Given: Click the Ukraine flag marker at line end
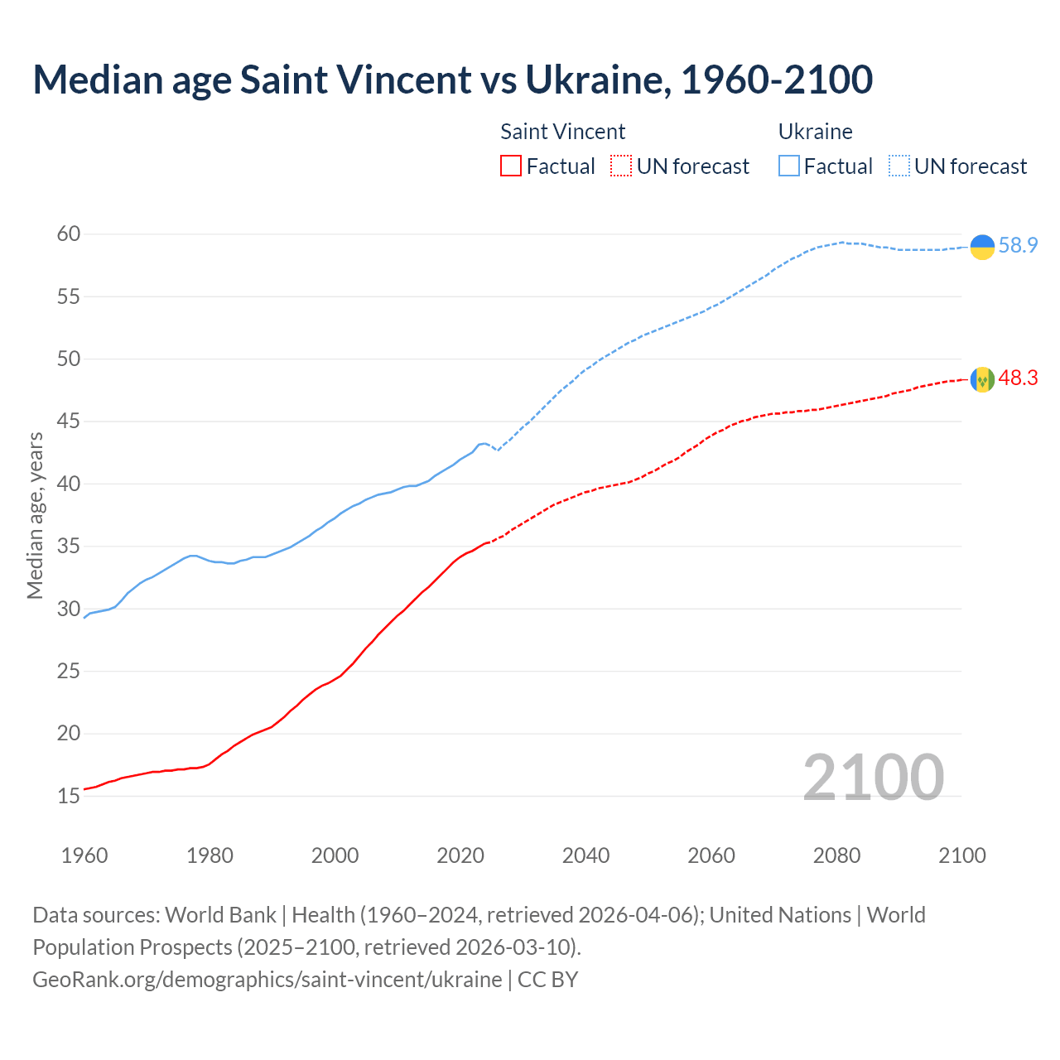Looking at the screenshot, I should pyautogui.click(x=982, y=247).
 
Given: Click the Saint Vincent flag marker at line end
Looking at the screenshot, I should pyautogui.click(x=982, y=379).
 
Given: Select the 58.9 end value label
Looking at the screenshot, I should pyautogui.click(x=1018, y=246).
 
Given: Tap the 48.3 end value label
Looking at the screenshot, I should pyautogui.click(x=1018, y=378).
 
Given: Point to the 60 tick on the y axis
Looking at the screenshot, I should pyautogui.click(x=69, y=234).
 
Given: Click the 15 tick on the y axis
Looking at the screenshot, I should pyautogui.click(x=69, y=797).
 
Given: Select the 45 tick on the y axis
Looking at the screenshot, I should pyautogui.click(x=69, y=422).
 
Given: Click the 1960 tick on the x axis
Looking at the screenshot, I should pyautogui.click(x=84, y=855).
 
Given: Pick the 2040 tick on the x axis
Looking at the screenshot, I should pyautogui.click(x=585, y=855).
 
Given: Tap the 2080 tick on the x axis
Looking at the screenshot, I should pyautogui.click(x=836, y=855).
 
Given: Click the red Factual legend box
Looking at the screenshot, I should pyautogui.click(x=511, y=166).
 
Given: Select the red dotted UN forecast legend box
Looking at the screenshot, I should pyautogui.click(x=621, y=166).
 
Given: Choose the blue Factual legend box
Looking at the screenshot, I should pyautogui.click(x=789, y=166).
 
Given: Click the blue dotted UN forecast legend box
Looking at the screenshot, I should pyautogui.click(x=899, y=166).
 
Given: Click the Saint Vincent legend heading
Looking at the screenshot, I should pyautogui.click(x=562, y=132).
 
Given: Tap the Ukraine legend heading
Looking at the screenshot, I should pyautogui.click(x=815, y=132).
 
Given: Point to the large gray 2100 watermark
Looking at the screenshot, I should pyautogui.click(x=873, y=777).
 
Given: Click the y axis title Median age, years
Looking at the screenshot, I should pyautogui.click(x=35, y=514).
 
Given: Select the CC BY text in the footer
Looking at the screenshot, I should pyautogui.click(x=547, y=980).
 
